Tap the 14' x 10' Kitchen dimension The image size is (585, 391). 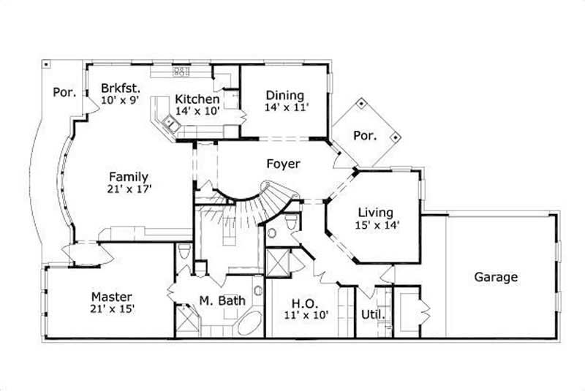[197, 112]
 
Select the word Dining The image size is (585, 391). [285, 95]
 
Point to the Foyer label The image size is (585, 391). [283, 164]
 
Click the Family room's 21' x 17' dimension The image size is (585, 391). [129, 189]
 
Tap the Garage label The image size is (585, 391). [496, 277]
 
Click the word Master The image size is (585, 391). [111, 297]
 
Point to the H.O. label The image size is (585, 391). [305, 303]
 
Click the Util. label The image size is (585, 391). [373, 316]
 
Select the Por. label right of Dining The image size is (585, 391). [365, 136]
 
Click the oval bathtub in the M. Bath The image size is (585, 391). [249, 322]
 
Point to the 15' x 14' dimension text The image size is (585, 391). [377, 226]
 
